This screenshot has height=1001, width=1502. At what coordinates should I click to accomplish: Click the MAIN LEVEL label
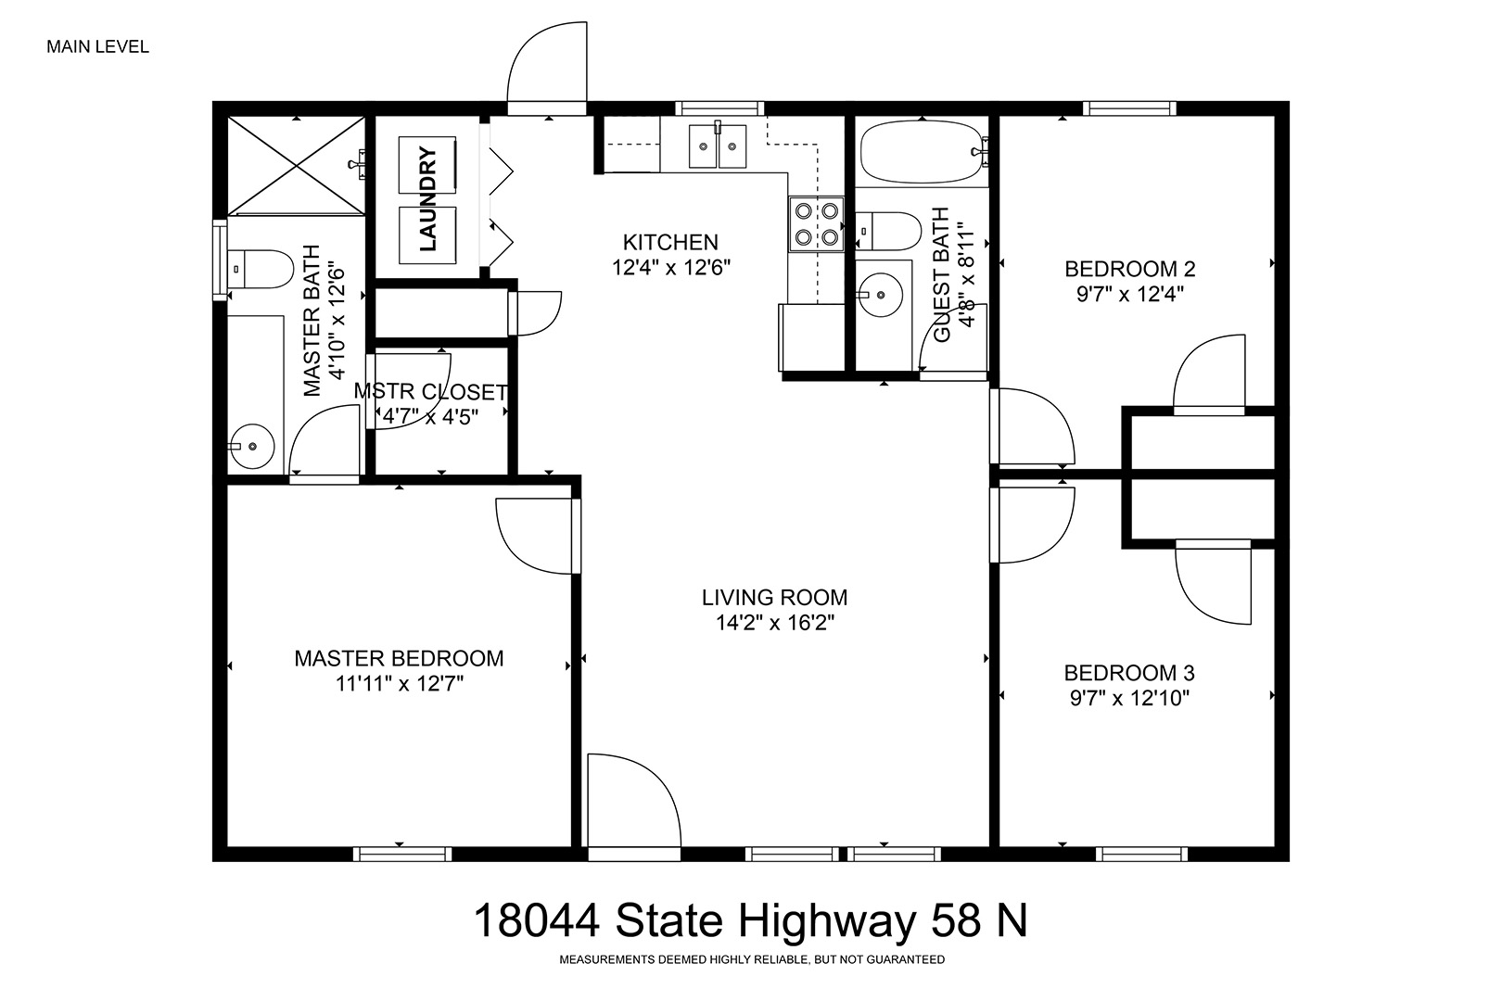click(98, 47)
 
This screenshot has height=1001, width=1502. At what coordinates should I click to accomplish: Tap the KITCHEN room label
click(670, 242)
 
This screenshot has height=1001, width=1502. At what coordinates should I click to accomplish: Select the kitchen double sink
click(718, 146)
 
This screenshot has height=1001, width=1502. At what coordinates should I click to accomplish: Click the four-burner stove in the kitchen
click(816, 224)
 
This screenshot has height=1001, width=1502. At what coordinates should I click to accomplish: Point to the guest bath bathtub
click(922, 151)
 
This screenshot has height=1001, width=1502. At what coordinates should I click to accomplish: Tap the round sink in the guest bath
click(881, 295)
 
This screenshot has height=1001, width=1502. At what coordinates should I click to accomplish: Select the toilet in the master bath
click(261, 270)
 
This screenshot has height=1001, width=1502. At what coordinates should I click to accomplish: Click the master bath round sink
click(251, 446)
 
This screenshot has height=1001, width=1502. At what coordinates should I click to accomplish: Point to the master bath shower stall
click(296, 166)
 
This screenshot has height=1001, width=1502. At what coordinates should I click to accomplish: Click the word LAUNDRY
click(427, 199)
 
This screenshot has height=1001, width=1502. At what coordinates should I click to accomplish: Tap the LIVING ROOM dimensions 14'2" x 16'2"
click(774, 623)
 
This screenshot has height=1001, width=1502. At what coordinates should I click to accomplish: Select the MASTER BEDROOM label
click(399, 658)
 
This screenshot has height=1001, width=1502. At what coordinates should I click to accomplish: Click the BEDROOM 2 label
click(1130, 269)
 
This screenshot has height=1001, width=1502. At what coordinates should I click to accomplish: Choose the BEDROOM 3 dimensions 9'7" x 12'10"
click(1130, 698)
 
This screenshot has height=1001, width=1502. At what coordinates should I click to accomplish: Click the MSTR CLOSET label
click(430, 391)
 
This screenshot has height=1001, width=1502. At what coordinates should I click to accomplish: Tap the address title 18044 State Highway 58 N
click(750, 920)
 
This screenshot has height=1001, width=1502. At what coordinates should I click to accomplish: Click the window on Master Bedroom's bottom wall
click(402, 855)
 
